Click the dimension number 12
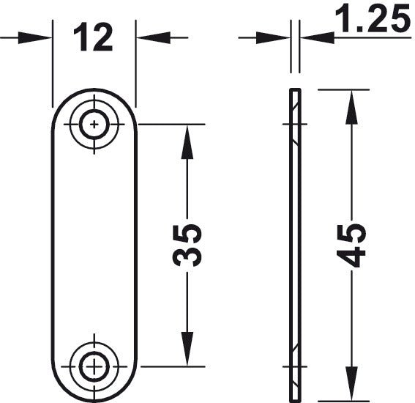point(93,37)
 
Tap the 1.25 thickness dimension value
point(373,18)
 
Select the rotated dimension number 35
point(187,245)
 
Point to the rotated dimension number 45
point(351,245)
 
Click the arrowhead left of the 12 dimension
point(34,38)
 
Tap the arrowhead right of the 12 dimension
point(153,37)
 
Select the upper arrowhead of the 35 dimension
point(187,142)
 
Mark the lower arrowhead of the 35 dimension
point(187,349)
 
